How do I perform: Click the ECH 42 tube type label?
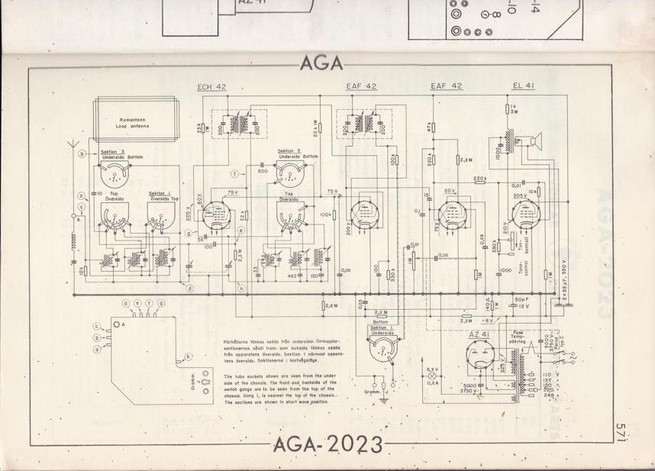tap(211, 87)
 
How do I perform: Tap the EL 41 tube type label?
tap(524, 85)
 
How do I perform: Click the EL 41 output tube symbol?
tap(526, 213)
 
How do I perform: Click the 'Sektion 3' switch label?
tap(113, 153)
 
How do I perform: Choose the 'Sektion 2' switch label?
tap(289, 151)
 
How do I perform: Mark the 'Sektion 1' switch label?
tap(160, 194)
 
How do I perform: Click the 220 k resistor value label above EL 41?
tap(480, 179)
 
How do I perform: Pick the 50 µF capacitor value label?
tap(522, 298)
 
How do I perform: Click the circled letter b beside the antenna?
tap(82, 154)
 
